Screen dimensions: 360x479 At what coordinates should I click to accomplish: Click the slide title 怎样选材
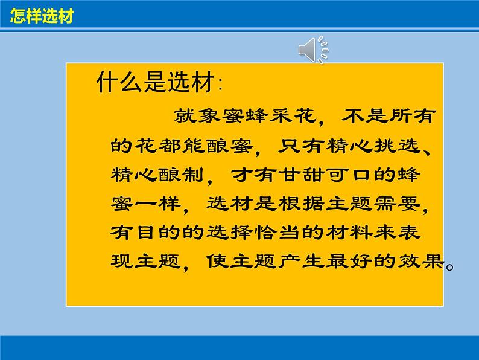coord(42,17)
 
